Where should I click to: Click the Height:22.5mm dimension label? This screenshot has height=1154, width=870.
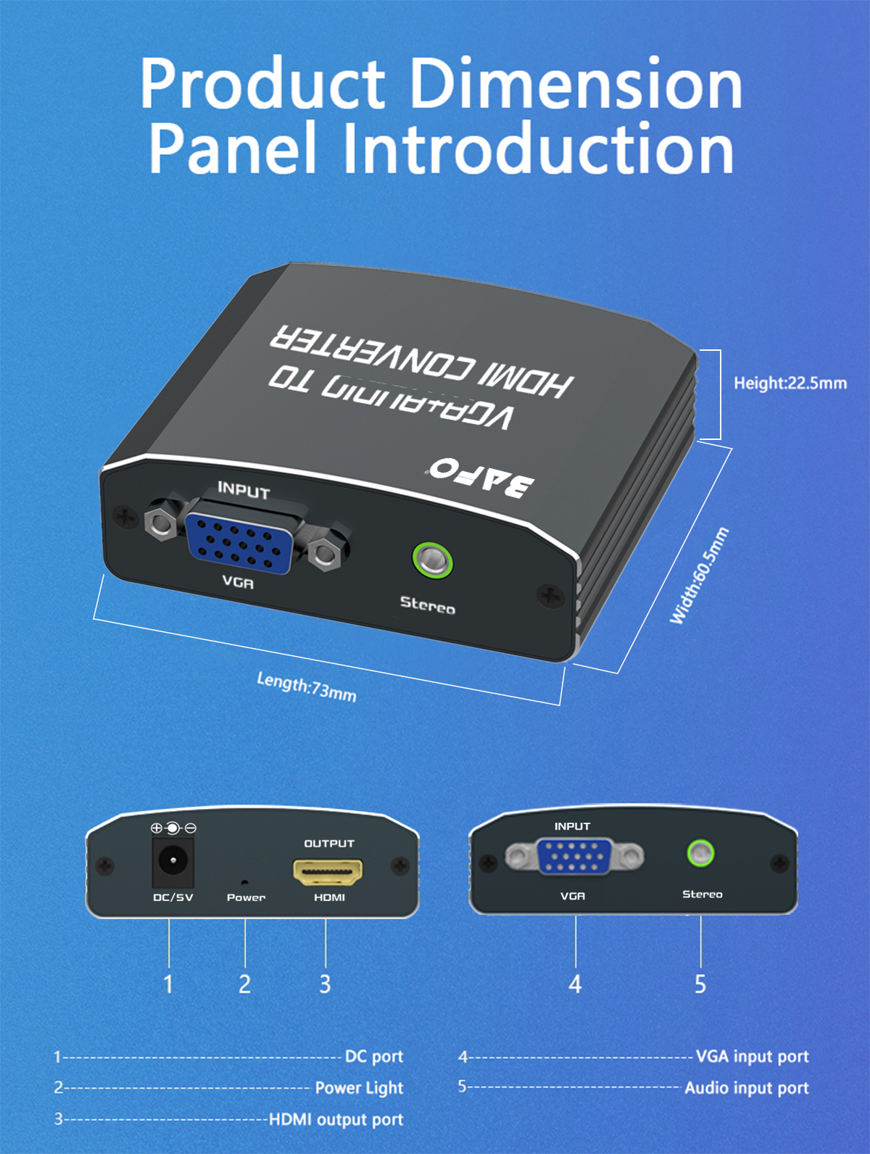click(790, 383)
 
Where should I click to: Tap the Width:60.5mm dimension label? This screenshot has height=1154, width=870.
click(698, 576)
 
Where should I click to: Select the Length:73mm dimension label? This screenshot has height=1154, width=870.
click(307, 686)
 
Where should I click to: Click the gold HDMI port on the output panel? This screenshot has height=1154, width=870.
click(328, 871)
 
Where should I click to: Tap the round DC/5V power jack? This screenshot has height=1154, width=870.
click(173, 861)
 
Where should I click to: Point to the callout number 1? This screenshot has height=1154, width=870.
click(168, 984)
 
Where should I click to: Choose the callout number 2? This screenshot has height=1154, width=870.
click(245, 984)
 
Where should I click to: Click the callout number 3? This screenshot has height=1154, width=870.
click(325, 984)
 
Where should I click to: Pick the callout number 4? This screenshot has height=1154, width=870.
click(575, 984)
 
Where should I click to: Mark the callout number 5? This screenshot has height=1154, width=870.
click(700, 984)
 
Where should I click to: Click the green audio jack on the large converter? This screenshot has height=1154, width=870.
click(433, 560)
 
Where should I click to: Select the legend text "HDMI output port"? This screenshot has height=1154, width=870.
click(336, 1119)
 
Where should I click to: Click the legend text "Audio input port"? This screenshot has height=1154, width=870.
click(746, 1088)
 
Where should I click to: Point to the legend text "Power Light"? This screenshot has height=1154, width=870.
click(359, 1088)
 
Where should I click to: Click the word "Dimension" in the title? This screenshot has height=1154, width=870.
click(576, 84)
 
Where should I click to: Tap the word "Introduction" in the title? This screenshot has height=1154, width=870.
click(537, 149)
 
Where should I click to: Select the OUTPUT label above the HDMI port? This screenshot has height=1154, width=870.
click(329, 843)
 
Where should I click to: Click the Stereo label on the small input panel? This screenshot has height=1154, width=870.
click(702, 894)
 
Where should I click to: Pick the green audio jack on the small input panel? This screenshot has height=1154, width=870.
click(700, 853)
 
